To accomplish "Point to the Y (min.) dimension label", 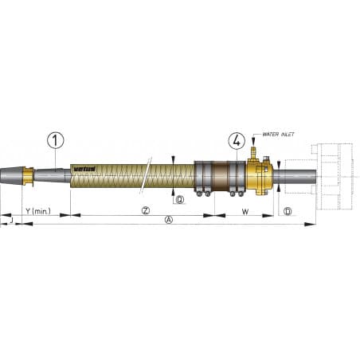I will click(38, 211).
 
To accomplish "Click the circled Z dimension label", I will click(146, 211).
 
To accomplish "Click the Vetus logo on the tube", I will click(84, 167).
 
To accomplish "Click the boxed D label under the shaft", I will click(288, 211).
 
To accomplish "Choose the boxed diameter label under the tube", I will click(180, 200).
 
